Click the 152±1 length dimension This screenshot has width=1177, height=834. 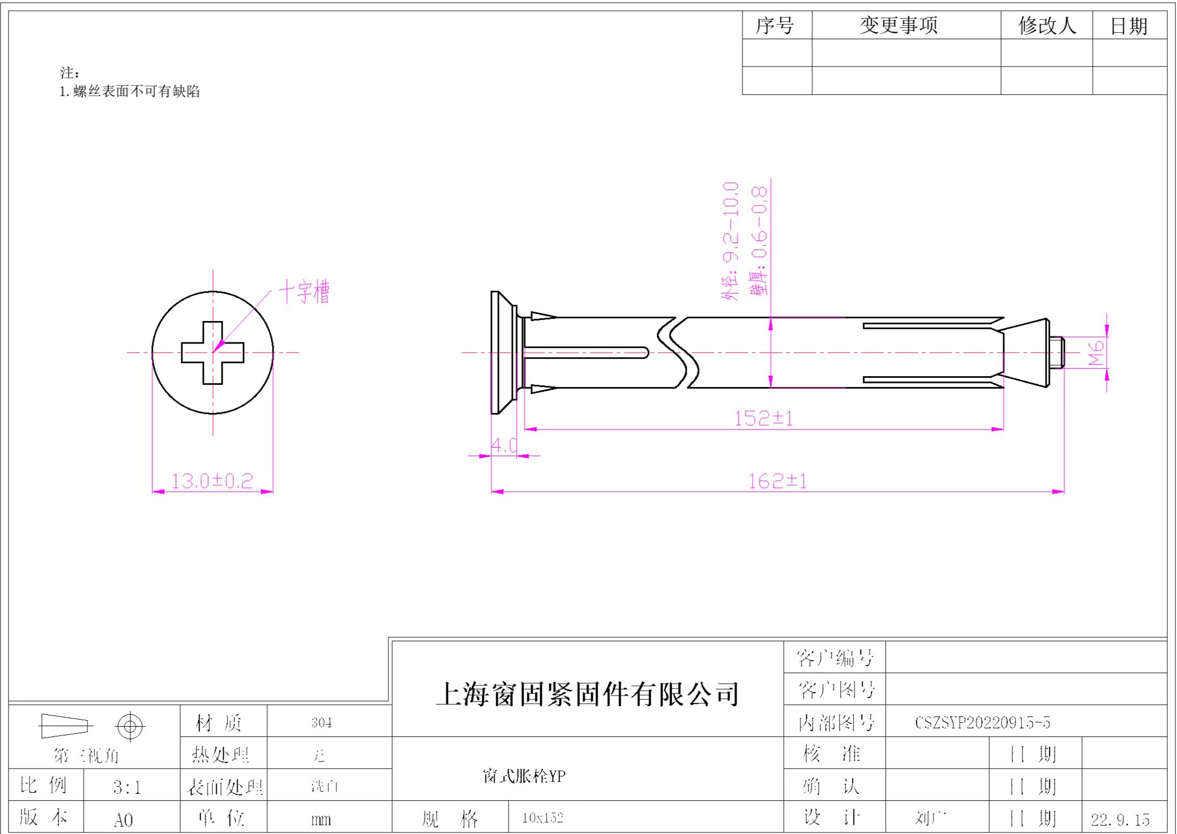[763, 418]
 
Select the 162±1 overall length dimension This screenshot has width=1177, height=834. [777, 481]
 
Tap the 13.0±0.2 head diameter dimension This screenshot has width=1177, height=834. [212, 480]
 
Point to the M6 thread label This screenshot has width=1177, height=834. [1096, 352]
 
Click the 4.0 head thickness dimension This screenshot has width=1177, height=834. [504, 445]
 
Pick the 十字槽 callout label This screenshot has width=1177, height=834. [304, 292]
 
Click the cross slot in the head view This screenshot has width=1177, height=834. [212, 353]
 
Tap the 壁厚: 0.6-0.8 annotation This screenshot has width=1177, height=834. [759, 241]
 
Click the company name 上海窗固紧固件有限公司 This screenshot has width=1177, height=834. [587, 693]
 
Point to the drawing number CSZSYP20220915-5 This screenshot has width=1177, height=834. [982, 722]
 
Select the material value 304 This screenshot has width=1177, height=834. [321, 722]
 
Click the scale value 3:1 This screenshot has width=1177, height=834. [127, 787]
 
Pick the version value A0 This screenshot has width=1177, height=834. [123, 820]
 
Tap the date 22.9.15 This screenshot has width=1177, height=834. [1120, 820]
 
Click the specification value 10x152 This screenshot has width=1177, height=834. [542, 817]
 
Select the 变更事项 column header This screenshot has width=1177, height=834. [899, 25]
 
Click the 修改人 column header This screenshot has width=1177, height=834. [1047, 25]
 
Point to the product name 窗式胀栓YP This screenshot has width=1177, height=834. [524, 776]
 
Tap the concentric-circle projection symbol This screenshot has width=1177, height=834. [130, 727]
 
